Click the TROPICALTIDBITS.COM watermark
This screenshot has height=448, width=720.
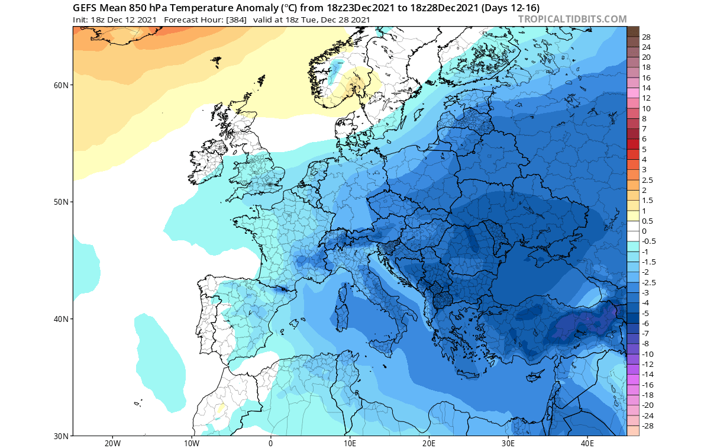tap(572, 19)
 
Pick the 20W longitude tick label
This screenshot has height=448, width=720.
tap(112, 443)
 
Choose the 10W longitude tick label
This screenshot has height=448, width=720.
tap(192, 443)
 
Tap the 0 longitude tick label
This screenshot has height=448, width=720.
tap(271, 443)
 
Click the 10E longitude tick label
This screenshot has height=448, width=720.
tap(350, 443)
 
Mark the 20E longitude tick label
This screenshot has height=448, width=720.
tap(429, 443)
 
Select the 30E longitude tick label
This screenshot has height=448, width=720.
tap(508, 443)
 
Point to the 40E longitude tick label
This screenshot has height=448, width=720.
tap(587, 443)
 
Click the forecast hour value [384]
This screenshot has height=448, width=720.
tap(235, 19)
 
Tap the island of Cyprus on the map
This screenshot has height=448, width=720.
tap(536, 375)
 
